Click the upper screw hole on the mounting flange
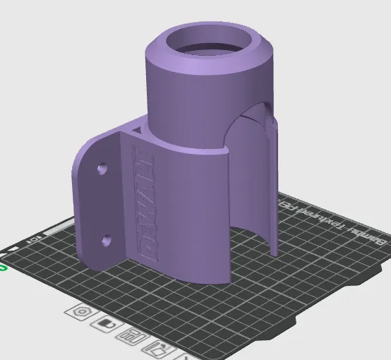103,169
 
